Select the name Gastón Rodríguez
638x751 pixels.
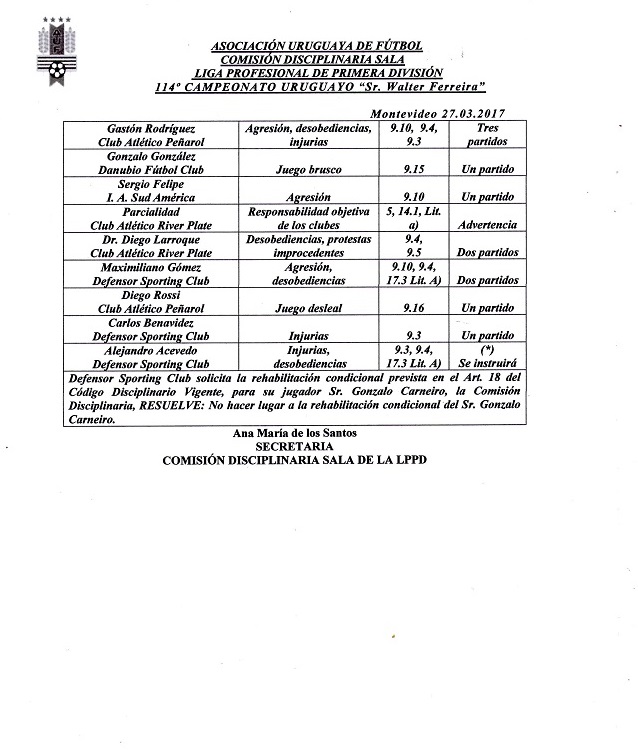[x=150, y=129]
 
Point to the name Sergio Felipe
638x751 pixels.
[x=151, y=185]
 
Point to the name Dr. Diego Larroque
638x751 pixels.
[x=151, y=240]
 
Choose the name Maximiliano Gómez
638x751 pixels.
[x=151, y=268]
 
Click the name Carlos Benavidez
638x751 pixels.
[x=151, y=324]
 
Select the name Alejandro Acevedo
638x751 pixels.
[x=151, y=352]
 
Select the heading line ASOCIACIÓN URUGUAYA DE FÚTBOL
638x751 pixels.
[x=318, y=47]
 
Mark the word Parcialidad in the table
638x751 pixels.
[x=151, y=213]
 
